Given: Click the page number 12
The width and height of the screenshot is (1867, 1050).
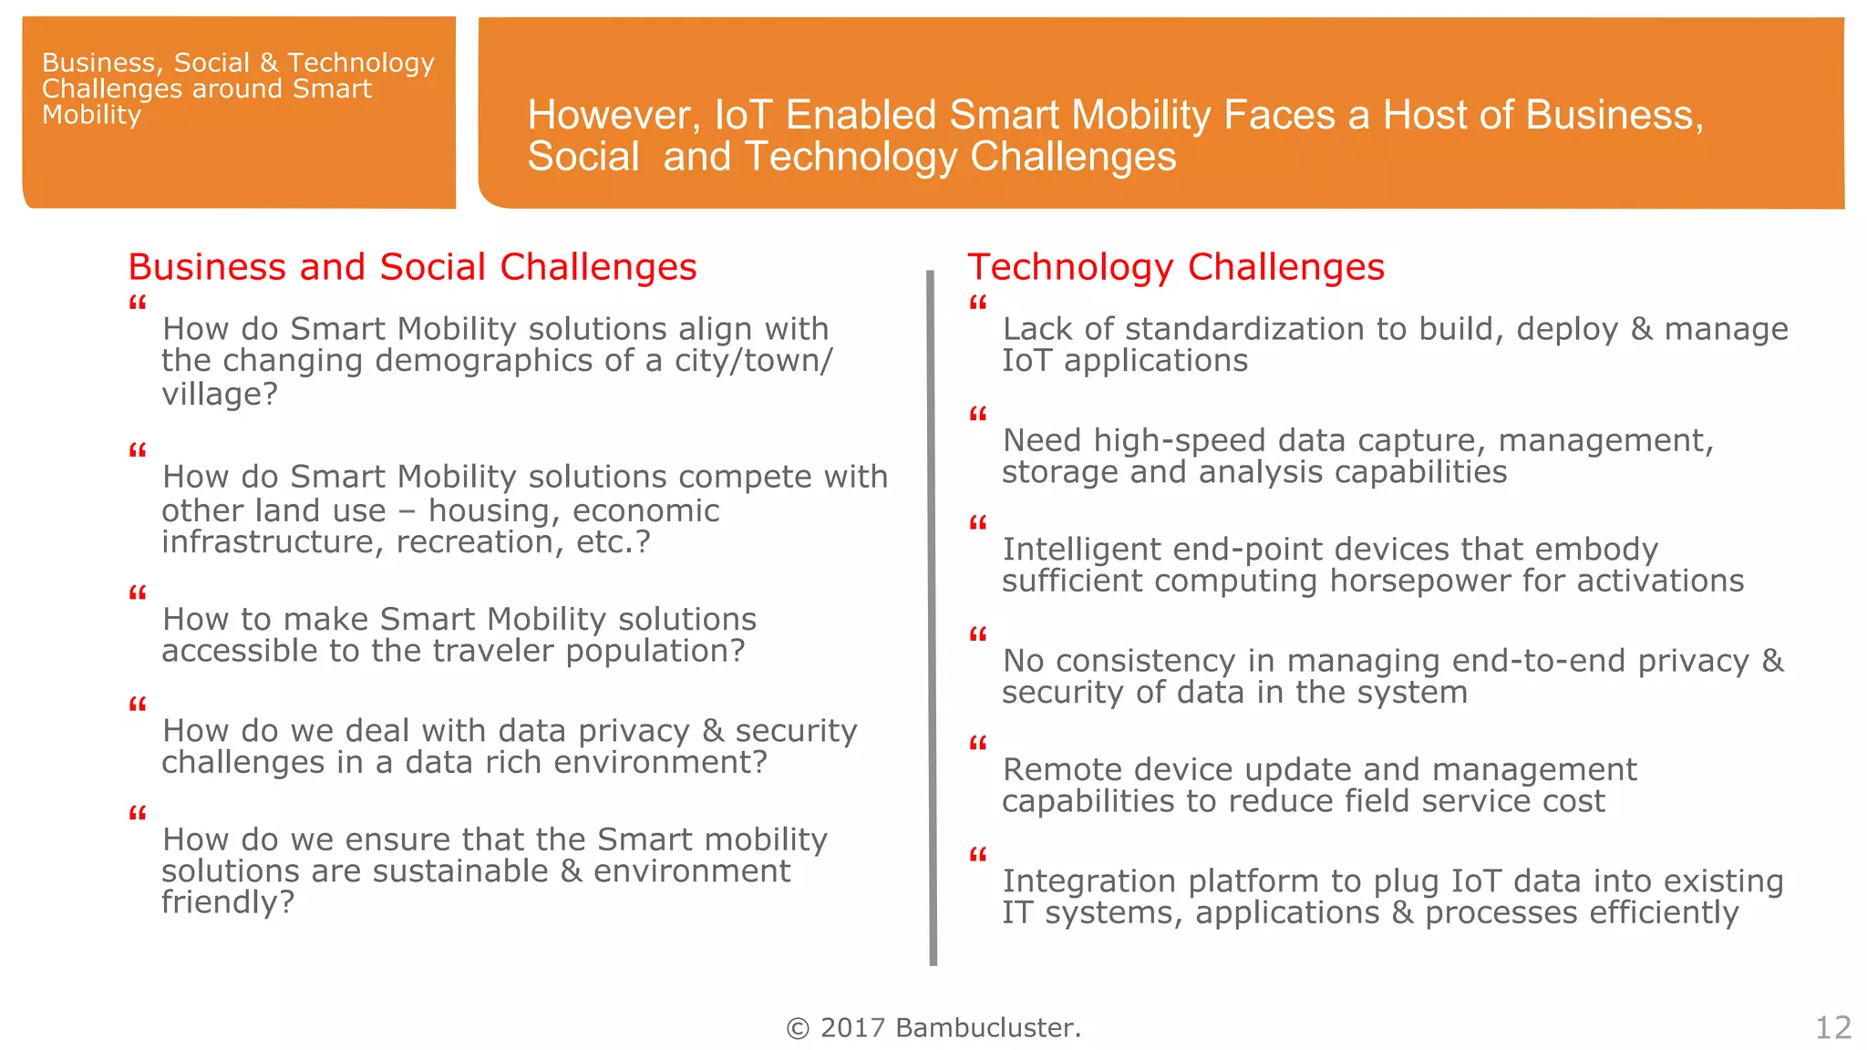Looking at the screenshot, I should (x=1832, y=1027).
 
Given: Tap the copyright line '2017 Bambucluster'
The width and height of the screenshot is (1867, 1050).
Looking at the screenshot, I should (x=933, y=1027).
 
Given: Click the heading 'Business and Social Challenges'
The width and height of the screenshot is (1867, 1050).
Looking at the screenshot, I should (x=412, y=267).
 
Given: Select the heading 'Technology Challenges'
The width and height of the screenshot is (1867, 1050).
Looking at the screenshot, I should (x=1175, y=267).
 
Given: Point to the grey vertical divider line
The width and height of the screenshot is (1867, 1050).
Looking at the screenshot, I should (x=932, y=620).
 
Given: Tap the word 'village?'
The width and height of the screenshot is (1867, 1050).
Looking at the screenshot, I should (x=219, y=395).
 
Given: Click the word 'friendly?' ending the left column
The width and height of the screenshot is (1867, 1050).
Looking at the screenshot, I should (x=228, y=902).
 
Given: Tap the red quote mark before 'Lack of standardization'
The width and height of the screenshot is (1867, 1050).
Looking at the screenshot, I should (x=977, y=303).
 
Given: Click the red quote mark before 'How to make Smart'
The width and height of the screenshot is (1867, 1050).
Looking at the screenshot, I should (x=138, y=593).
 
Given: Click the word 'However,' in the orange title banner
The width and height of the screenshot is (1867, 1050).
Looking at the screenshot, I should (x=614, y=116).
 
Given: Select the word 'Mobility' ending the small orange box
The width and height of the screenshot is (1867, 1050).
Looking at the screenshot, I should (x=91, y=116).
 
